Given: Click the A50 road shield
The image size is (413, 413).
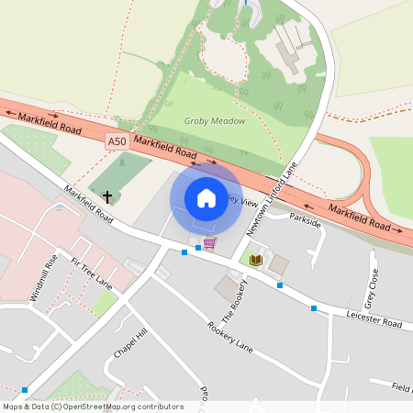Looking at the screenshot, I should click(116, 141).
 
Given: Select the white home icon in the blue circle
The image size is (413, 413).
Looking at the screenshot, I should click(206, 197).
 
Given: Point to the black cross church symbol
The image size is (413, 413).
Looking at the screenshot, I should click(107, 196).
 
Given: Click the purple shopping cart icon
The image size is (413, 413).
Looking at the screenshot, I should click(210, 243).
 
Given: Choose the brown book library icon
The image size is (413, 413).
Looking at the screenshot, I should click(255, 262).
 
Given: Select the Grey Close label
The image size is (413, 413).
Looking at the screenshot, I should click(371, 287).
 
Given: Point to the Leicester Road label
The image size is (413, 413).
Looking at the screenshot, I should click(375, 319).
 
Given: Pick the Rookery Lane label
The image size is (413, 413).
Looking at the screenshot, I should click(229, 336).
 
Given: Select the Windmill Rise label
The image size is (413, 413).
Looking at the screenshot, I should click(43, 276).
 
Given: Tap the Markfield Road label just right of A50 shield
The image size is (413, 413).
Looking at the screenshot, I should click(165, 148).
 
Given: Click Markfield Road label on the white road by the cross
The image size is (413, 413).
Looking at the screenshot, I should click(89, 206).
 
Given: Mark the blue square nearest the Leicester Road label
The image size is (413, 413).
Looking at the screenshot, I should click(315, 308).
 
